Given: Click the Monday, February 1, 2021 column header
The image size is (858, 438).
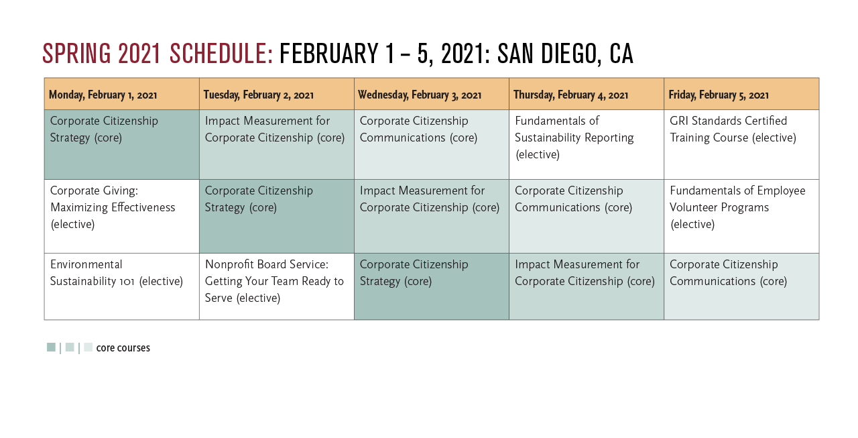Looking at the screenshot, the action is point(122,95).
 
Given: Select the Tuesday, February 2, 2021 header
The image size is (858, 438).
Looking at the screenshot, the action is point(277,95).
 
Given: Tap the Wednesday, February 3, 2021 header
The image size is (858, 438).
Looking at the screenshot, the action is point(432,95).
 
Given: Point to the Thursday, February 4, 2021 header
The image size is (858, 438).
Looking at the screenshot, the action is point(587,95).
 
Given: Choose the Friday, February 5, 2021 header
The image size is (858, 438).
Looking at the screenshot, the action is point(741,95).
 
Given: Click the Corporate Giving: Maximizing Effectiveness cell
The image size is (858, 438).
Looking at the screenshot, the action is point(122,216).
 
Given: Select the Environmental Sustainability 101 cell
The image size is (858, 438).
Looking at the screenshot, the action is point(122,286).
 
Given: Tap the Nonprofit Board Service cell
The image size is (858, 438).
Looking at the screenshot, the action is point(277,286).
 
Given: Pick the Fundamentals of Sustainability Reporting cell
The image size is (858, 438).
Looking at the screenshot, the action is point(587,144).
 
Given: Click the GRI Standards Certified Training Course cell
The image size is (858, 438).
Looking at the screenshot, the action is point(741,144).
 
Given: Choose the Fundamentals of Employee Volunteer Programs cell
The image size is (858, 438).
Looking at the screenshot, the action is point(741,216).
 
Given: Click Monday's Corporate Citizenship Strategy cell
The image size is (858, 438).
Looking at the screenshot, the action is point(122,144).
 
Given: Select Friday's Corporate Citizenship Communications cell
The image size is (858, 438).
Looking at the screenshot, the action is point(741,286).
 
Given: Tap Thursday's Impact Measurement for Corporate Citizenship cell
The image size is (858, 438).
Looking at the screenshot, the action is point(587,286).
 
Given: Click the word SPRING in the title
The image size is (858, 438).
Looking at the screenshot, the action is point(76,53).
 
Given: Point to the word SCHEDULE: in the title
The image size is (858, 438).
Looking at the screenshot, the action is point(221,53).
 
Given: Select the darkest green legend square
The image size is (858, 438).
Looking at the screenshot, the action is point(51,347).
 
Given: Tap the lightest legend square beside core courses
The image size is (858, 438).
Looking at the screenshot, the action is point(88,347).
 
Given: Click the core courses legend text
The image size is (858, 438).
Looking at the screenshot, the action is point(123,347).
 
